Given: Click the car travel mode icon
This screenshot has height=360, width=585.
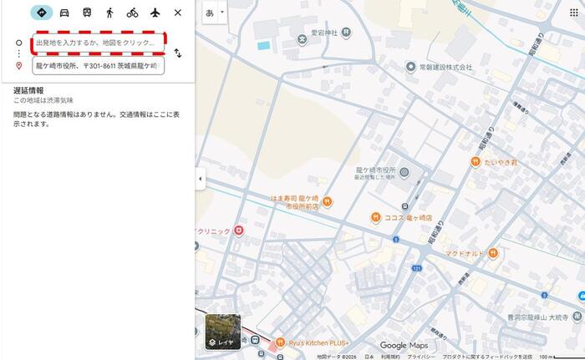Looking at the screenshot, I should [x=64, y=13].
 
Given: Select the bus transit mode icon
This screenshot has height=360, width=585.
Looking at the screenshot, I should [x=87, y=13].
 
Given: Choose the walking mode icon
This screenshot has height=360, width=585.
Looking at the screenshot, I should [x=109, y=13].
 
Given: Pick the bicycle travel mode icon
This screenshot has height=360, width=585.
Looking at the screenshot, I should [x=132, y=13].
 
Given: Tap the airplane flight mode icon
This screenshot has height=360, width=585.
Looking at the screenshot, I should [x=155, y=13].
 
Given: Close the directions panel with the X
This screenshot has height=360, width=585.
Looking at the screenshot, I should [x=177, y=13].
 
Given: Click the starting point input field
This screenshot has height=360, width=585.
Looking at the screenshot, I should [x=98, y=42].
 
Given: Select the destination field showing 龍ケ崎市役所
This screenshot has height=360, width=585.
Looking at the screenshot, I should [x=98, y=64].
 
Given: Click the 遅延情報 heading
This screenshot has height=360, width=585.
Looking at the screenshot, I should [x=28, y=90].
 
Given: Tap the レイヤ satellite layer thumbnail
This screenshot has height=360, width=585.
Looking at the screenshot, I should [x=222, y=331].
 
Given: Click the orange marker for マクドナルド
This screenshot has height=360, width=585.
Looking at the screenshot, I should [x=494, y=252].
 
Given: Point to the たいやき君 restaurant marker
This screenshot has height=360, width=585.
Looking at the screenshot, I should [x=476, y=162].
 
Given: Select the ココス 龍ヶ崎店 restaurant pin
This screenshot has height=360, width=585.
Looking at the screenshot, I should [x=376, y=218].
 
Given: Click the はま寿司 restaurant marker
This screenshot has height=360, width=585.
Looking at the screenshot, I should [x=328, y=200].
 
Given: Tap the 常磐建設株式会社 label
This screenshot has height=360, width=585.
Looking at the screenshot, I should [x=441, y=66].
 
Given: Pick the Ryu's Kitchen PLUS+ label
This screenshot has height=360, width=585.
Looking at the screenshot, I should [x=318, y=343].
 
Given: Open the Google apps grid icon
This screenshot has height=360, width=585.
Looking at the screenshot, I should [x=573, y=13].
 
